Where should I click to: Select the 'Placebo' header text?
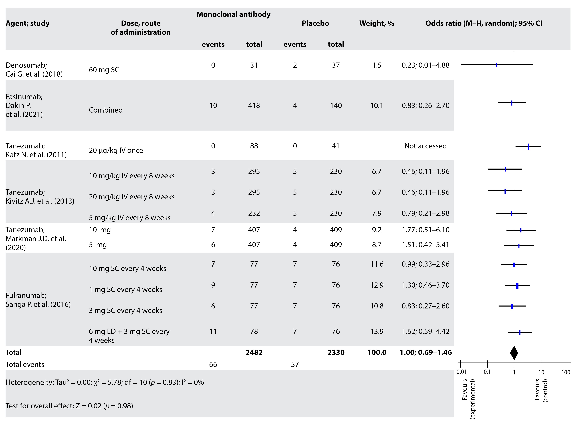tap(315, 23)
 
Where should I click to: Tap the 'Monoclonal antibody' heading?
tap(233, 14)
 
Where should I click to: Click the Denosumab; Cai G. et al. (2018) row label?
tap(34, 70)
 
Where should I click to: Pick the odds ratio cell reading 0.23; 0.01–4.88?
tap(425, 65)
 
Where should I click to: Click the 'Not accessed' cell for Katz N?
tap(425, 146)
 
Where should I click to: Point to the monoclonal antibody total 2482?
tap(254, 352)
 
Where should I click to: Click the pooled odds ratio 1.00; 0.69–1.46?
tap(425, 352)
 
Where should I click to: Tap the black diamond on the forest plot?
tap(514, 353)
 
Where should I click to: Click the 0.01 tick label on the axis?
tap(462, 372)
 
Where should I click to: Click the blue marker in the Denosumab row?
tap(497, 65)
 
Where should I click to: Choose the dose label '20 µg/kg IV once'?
tap(116, 150)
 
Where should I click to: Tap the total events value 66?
tap(213, 364)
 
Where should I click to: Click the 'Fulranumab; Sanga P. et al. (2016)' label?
tap(38, 300)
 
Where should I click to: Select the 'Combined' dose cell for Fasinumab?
tap(106, 110)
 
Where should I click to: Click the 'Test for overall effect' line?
tap(69, 406)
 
